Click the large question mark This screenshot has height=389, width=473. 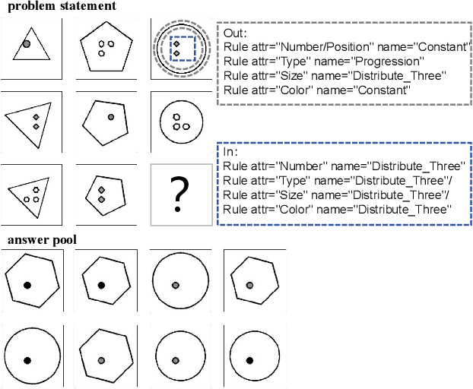(179, 194)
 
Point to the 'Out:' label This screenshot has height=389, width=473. (236, 33)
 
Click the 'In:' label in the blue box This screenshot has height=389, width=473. (231, 152)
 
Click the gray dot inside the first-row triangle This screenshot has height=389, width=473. (27, 45)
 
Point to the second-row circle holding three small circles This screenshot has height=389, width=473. (179, 121)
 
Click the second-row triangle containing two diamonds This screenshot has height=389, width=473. (31, 121)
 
